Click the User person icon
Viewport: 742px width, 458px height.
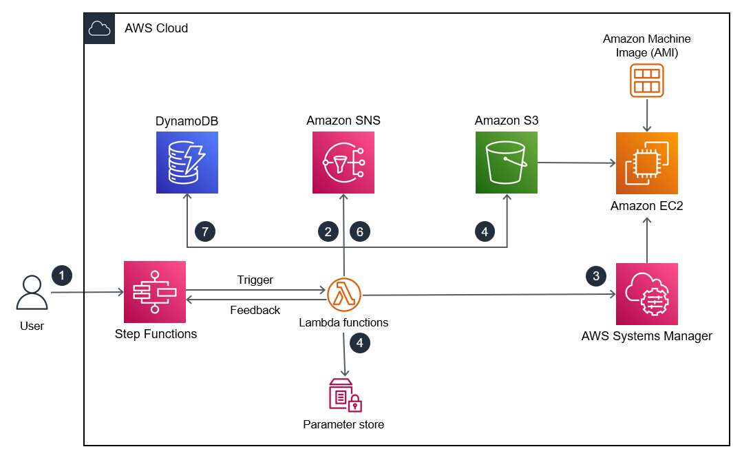[x=32, y=293]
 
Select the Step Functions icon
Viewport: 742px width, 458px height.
[x=155, y=292]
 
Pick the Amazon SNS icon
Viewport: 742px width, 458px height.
[x=343, y=163]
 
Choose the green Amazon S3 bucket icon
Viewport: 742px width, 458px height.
[x=506, y=163]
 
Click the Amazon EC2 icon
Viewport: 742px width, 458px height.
[x=646, y=163]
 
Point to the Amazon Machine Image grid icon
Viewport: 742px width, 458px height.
[x=646, y=80]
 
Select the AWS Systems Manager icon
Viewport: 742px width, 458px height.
[x=647, y=294]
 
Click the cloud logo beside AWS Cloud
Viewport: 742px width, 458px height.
[x=99, y=28]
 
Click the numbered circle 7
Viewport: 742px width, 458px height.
[x=204, y=231]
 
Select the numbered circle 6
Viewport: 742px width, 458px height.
[x=360, y=231]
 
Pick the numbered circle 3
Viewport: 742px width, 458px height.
[x=596, y=276]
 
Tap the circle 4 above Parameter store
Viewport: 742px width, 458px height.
[x=360, y=342]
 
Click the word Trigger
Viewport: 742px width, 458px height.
[x=255, y=280]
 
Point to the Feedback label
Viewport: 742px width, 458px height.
[x=255, y=310]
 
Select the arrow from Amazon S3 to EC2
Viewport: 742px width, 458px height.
[x=575, y=163]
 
